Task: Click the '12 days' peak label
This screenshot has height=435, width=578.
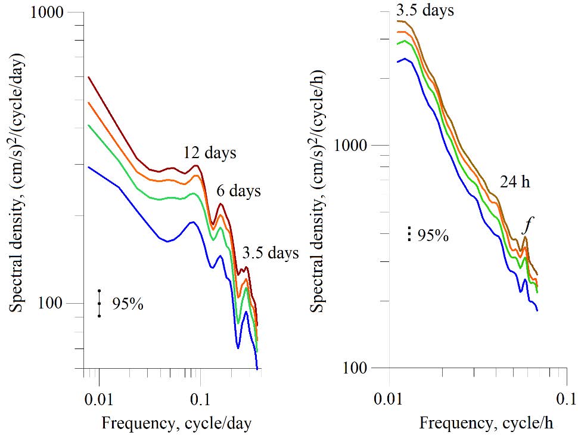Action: click(x=210, y=153)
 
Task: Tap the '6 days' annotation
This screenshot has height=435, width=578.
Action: click(x=238, y=192)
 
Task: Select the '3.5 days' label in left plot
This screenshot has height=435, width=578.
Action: click(x=271, y=254)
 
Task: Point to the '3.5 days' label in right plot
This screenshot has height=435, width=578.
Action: click(x=425, y=11)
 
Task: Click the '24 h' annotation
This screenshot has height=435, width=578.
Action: click(x=515, y=183)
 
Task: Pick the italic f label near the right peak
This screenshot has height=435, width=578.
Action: click(x=526, y=226)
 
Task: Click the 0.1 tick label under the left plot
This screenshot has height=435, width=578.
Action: click(x=199, y=397)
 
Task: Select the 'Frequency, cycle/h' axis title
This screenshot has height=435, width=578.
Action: click(x=486, y=424)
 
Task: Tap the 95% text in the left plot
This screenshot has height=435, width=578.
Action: click(x=128, y=304)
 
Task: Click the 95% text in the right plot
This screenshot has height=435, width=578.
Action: click(x=433, y=235)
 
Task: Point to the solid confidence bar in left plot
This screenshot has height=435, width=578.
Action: click(x=100, y=303)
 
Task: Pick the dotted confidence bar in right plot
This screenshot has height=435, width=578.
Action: click(x=409, y=234)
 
